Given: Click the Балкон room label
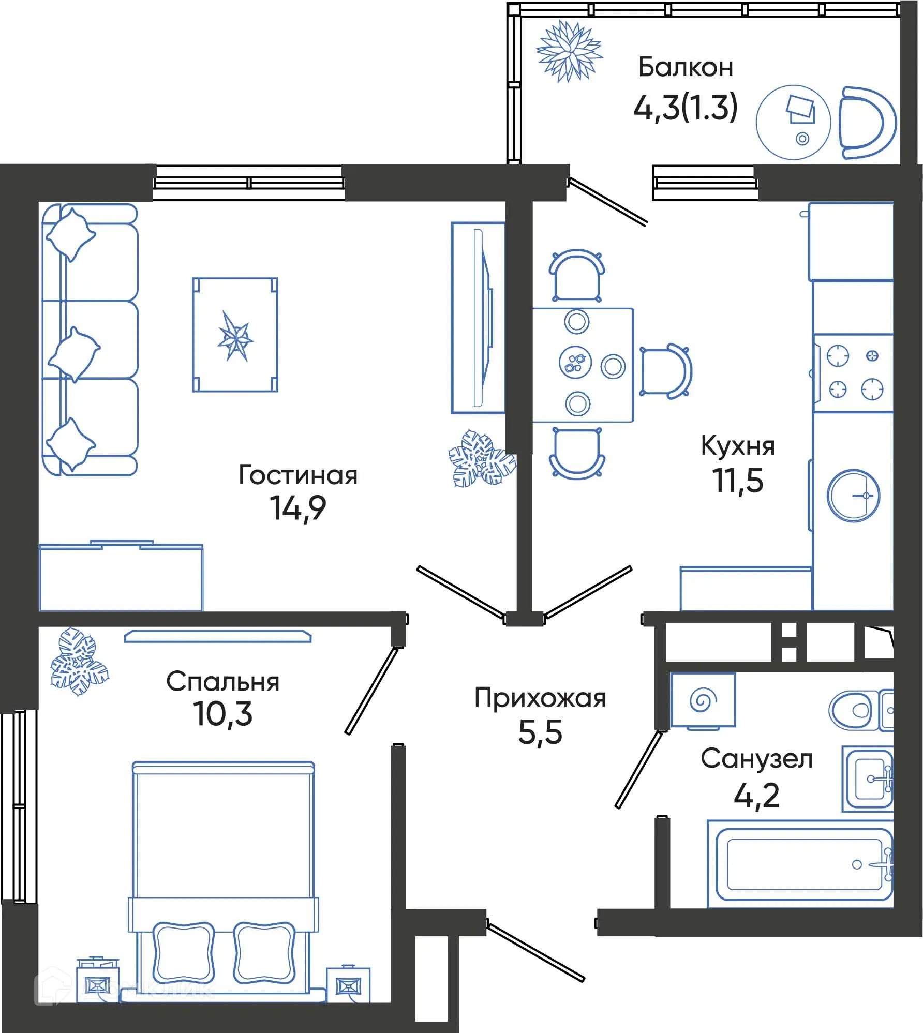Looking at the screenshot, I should click(x=686, y=67).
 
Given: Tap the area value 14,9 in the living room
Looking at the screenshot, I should click(x=297, y=508).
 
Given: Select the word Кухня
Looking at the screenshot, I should click(x=738, y=445).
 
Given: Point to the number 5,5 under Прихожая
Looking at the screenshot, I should click(x=540, y=732).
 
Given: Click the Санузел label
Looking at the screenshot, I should click(x=756, y=759).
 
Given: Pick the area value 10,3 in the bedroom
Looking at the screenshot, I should click(x=223, y=714).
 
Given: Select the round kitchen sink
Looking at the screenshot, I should click(x=853, y=495).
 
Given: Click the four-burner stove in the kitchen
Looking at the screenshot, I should click(x=854, y=372).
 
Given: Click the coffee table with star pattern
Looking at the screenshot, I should click(x=235, y=335).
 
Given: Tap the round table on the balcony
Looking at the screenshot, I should click(x=793, y=122).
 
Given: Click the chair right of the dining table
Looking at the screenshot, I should click(x=664, y=370).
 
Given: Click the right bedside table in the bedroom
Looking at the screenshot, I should click(x=348, y=985).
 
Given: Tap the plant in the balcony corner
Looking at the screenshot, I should click(x=569, y=51).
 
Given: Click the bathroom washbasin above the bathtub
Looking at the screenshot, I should click(x=868, y=779).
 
